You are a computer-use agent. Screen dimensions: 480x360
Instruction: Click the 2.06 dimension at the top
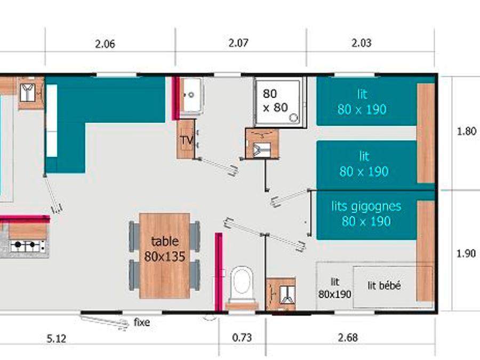105,44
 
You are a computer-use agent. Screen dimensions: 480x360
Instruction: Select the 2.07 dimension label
238,43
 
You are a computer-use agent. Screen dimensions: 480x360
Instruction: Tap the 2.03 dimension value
361,43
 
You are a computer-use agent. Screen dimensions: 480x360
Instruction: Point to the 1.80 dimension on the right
466,131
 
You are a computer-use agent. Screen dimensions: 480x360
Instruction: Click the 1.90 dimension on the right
466,253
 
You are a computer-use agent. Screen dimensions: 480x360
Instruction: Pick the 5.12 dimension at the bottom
56,339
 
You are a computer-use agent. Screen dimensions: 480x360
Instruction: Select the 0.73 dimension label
242,338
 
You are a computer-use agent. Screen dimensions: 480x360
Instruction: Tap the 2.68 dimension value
348,338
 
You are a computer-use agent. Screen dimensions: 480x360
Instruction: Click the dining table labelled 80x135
165,255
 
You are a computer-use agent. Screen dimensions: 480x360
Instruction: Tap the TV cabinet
186,139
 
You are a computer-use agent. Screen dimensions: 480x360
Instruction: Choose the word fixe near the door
142,322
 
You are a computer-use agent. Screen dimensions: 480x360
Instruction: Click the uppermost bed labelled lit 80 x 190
367,101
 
